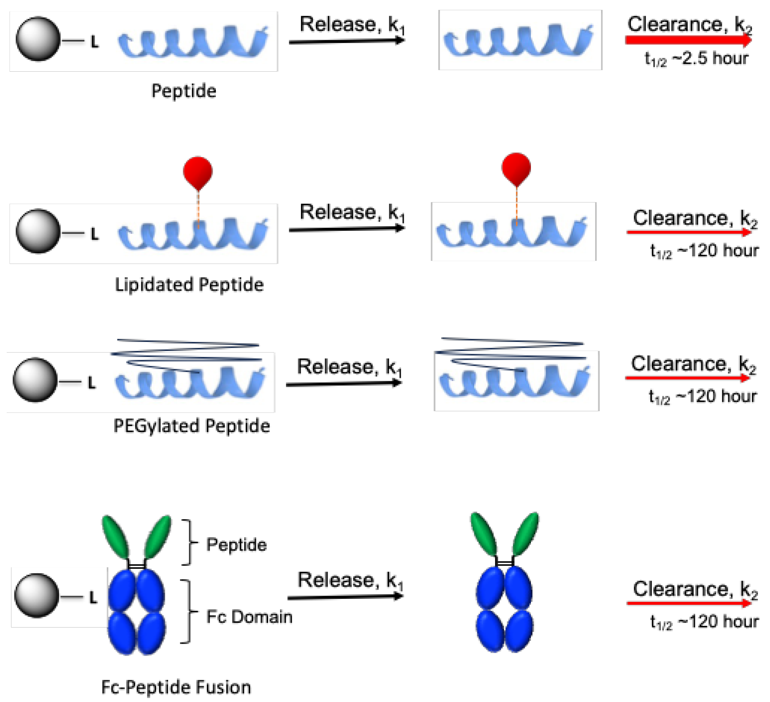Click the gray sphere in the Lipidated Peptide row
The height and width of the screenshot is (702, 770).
(x=38, y=231)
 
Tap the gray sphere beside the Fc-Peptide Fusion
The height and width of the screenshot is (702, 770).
(x=37, y=595)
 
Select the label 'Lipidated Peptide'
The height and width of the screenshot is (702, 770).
(x=189, y=284)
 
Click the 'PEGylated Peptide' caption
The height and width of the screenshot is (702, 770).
(x=192, y=426)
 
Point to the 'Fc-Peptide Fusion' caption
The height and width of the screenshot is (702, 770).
(x=176, y=687)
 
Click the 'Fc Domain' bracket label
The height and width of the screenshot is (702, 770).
(x=249, y=617)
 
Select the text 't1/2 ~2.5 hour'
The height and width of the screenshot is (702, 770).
(x=696, y=59)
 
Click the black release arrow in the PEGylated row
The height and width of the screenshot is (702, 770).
(x=343, y=384)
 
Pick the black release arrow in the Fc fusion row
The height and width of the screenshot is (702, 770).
(x=345, y=597)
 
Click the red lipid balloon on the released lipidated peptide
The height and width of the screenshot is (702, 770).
(x=516, y=169)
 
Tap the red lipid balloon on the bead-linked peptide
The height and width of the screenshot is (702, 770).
(x=198, y=172)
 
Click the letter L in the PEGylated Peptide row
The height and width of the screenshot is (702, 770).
(x=92, y=383)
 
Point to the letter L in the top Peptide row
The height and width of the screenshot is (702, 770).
(x=94, y=41)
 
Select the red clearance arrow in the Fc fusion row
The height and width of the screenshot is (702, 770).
(x=689, y=603)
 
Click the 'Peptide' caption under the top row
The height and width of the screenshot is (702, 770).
(x=184, y=91)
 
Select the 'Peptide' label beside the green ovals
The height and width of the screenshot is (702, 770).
(x=236, y=545)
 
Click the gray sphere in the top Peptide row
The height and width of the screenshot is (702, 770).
(x=38, y=39)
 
